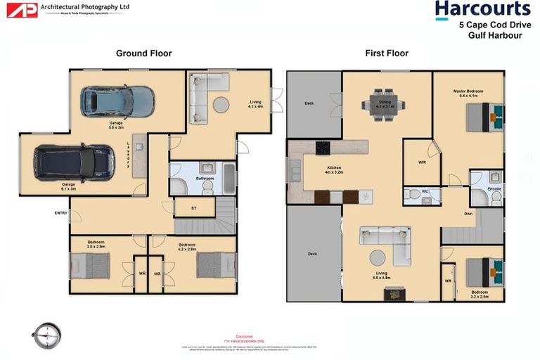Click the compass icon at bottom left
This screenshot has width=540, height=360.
click(47, 335)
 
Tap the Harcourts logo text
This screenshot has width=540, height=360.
click(482, 9)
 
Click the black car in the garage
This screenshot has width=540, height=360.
click(74, 162)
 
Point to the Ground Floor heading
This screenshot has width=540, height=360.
click(143, 53)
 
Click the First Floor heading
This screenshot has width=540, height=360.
click(386, 53)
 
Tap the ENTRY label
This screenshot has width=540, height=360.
click(60, 213)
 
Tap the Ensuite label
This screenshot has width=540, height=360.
click(495, 188)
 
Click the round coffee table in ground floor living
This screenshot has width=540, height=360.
click(221, 105)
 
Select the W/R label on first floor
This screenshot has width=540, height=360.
click(422, 162)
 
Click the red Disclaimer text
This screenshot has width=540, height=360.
click(244, 337)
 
